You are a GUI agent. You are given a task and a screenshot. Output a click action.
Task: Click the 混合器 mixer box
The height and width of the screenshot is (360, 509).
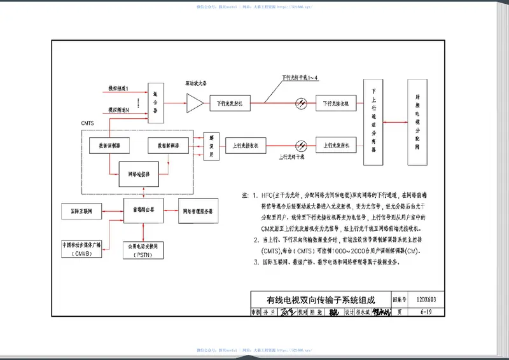point(155,102)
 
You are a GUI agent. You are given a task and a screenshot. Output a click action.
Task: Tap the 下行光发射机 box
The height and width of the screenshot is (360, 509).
point(230,102)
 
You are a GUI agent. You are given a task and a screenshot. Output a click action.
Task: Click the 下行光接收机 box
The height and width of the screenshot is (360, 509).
point(335,102)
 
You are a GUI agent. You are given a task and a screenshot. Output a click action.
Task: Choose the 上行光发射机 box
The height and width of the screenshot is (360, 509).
point(335,146)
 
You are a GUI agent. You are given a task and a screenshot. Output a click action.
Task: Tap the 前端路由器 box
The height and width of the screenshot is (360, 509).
point(144,208)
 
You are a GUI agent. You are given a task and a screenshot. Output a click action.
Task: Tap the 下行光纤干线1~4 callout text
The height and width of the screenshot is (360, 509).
point(300,78)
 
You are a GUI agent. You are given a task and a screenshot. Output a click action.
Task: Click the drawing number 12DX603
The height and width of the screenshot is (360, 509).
point(426,299)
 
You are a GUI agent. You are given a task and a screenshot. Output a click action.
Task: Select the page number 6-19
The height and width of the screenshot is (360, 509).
point(426,312)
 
